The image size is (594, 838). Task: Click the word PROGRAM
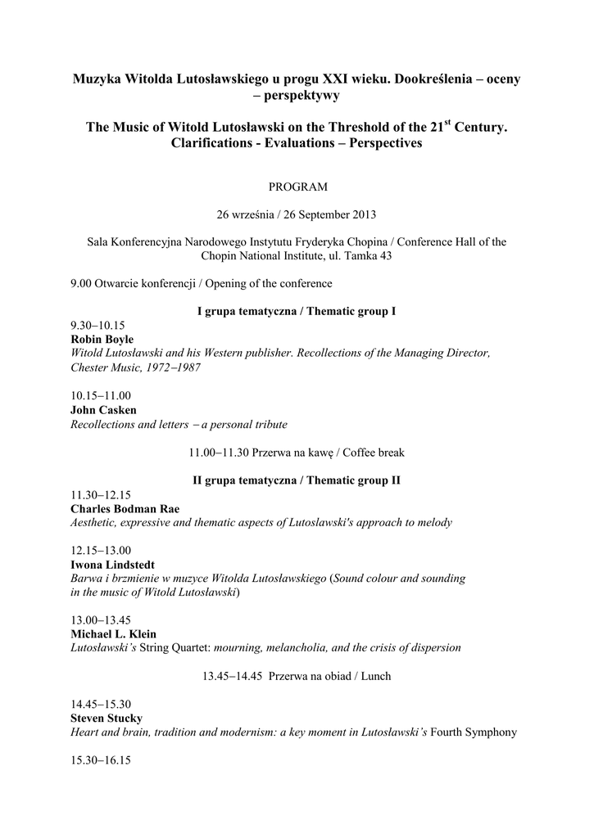pos(297,187)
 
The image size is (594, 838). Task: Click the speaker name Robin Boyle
pos(102,339)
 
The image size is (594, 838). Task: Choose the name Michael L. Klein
pos(113,633)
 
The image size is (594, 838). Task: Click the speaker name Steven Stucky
pos(107,718)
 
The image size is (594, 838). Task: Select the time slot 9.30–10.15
pos(97,325)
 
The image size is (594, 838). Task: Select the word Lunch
pos(374,676)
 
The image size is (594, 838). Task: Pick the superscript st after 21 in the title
pos(447,124)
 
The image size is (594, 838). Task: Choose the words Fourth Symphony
pos(474,732)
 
